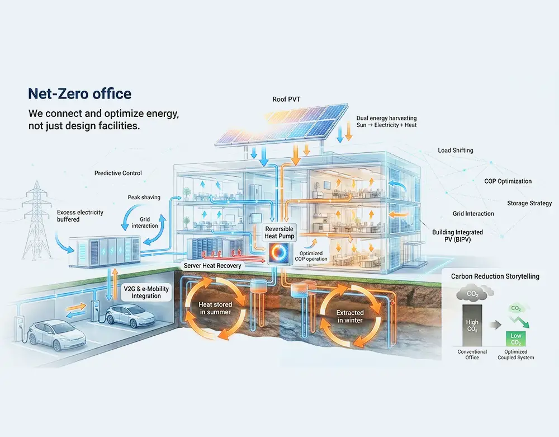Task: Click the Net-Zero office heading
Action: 80,93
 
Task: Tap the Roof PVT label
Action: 287,99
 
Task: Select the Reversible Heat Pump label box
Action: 279,233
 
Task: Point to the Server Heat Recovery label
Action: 213,265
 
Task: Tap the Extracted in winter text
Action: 350,316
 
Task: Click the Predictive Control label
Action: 118,173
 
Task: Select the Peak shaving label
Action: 144,198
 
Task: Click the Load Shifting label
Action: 456,151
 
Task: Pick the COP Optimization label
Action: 508,181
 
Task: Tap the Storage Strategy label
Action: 529,203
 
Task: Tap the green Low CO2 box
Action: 515,339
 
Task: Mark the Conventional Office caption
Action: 472,355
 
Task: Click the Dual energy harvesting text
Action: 386,121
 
